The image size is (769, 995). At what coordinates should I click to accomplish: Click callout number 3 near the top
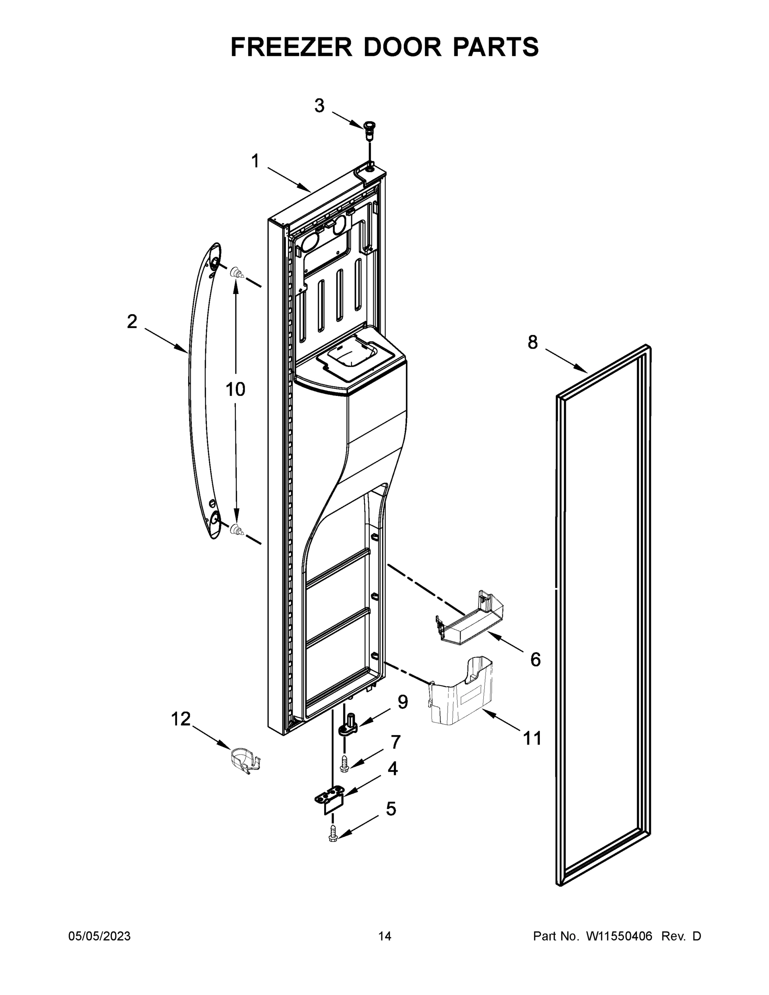click(319, 106)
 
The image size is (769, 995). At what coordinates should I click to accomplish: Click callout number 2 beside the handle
click(132, 322)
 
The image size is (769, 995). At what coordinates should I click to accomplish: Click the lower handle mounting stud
click(236, 529)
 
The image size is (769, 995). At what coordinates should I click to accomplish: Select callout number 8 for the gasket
click(533, 342)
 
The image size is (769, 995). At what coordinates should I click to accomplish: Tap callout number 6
click(535, 659)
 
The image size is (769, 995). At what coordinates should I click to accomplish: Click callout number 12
click(180, 719)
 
